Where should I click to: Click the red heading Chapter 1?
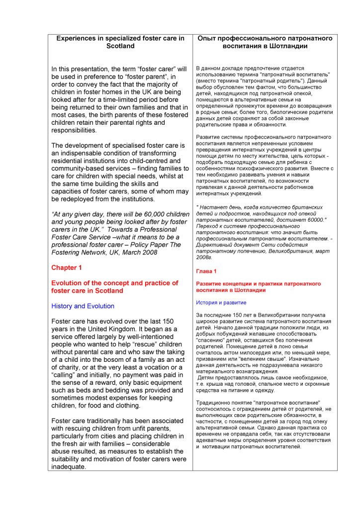[x=67, y=267]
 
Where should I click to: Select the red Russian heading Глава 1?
[x=206, y=271]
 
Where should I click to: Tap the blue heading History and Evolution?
[x=83, y=306]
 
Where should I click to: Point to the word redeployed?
[x=78, y=199]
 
